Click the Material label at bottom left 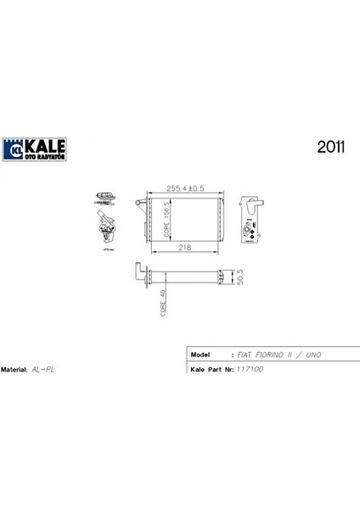click(14, 371)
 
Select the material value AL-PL click(42, 371)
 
